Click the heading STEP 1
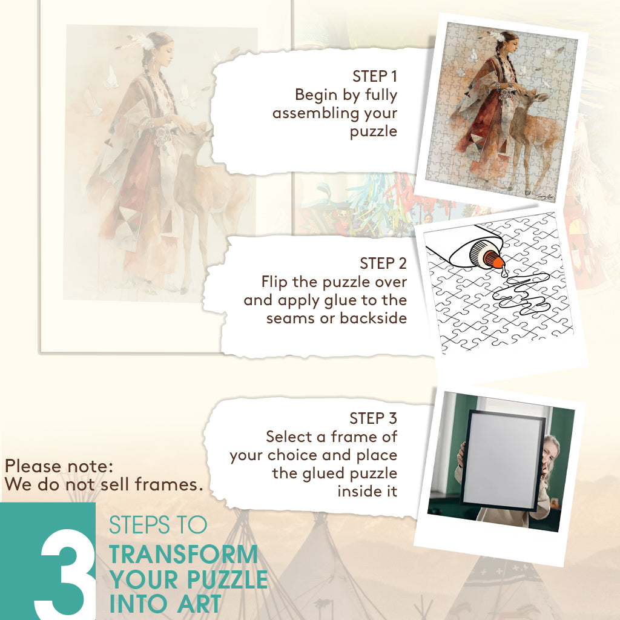pyautogui.click(x=374, y=76)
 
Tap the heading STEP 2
pyautogui.click(x=383, y=263)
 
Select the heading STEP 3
pyautogui.click(x=373, y=418)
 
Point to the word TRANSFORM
pyautogui.click(x=183, y=555)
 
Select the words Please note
pyautogui.click(x=59, y=466)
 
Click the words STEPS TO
pyautogui.click(x=158, y=525)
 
